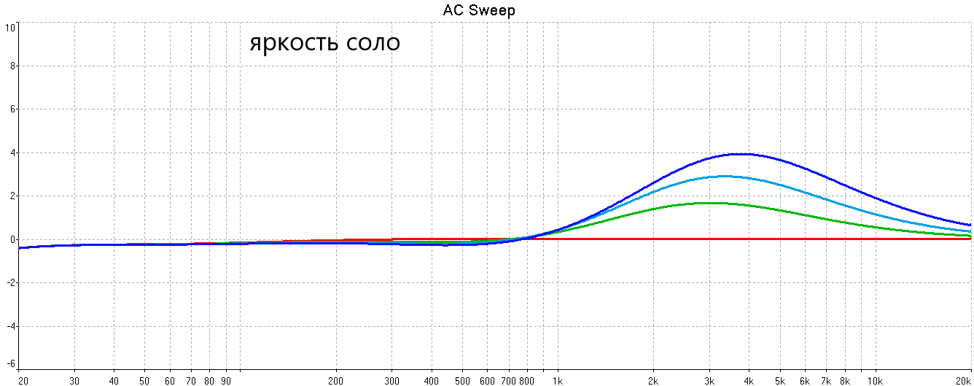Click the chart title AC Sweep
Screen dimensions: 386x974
pyautogui.click(x=479, y=10)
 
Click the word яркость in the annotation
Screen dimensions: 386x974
pyautogui.click(x=295, y=42)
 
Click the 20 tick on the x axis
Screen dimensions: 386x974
pyautogui.click(x=23, y=380)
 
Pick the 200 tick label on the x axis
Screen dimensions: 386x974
pyautogui.click(x=335, y=380)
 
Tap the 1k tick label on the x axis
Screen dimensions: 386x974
pyautogui.click(x=558, y=380)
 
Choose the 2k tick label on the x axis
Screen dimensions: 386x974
pyautogui.click(x=653, y=380)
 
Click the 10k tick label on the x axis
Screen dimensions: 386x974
pyautogui.click(x=875, y=380)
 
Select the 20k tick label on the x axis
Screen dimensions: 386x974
pyautogui.click(x=962, y=380)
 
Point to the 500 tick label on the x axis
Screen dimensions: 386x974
pyautogui.click(x=462, y=380)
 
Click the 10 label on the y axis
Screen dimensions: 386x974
pyautogui.click(x=10, y=28)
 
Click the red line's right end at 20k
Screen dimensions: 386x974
pyautogui.click(x=970, y=239)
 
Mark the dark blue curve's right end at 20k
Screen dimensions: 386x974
pyautogui.click(x=970, y=225)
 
